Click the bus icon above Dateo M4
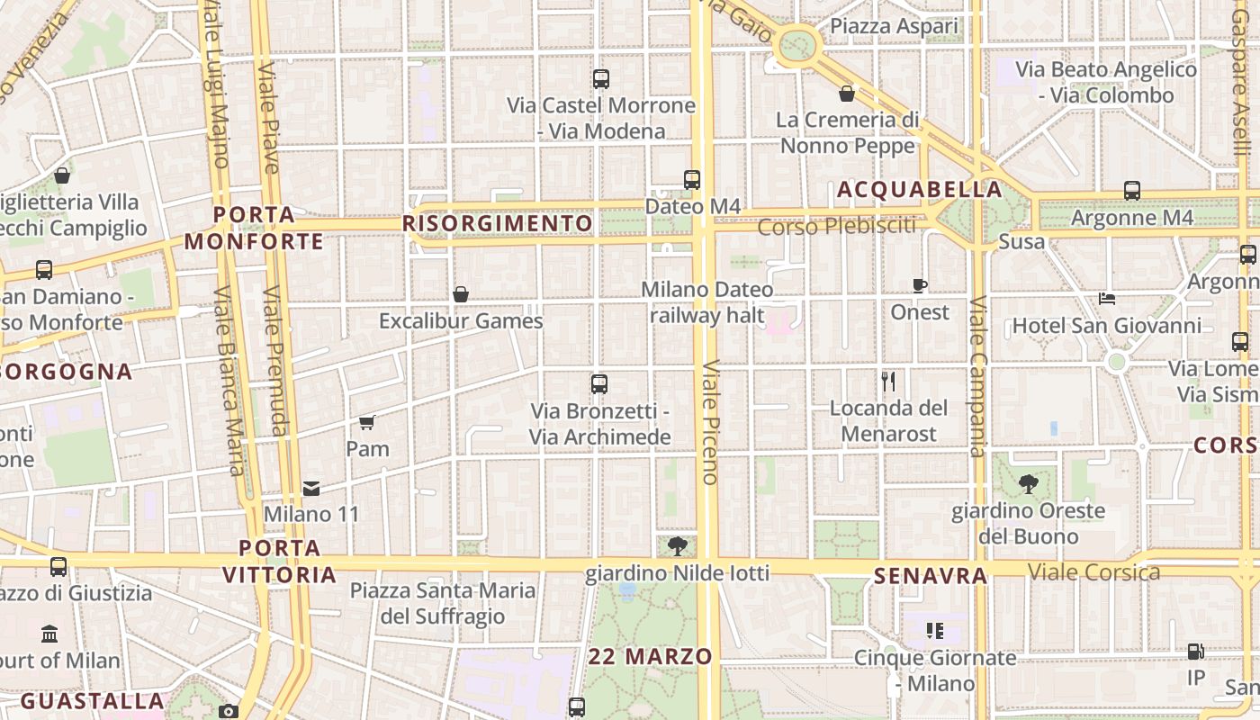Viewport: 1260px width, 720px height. [x=691, y=179]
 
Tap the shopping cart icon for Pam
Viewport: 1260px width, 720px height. [x=366, y=422]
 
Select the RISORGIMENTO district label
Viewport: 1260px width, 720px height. [x=499, y=223]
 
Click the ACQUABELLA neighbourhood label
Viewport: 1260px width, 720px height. [x=919, y=190]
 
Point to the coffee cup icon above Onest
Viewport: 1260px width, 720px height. [x=919, y=286]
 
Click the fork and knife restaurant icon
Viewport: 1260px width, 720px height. [x=888, y=382]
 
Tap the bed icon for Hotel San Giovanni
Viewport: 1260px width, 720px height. [x=1107, y=299]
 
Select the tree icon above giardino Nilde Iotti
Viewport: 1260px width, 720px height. [x=678, y=545]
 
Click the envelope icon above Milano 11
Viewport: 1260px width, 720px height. [x=311, y=488]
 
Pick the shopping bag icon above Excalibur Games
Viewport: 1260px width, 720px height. [x=461, y=294]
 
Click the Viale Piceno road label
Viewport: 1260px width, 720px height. [x=710, y=423]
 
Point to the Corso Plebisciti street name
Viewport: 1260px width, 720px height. [x=836, y=226]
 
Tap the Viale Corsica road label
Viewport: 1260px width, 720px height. [x=1093, y=571]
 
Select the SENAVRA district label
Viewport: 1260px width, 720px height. [x=931, y=576]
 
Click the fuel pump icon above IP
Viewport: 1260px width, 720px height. [x=1195, y=652]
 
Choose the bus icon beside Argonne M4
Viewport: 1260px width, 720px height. [x=1132, y=191]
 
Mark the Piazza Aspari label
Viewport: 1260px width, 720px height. [x=894, y=27]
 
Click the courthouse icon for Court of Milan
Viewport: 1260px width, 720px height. [x=49, y=634]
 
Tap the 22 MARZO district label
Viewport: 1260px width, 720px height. [x=651, y=657]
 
